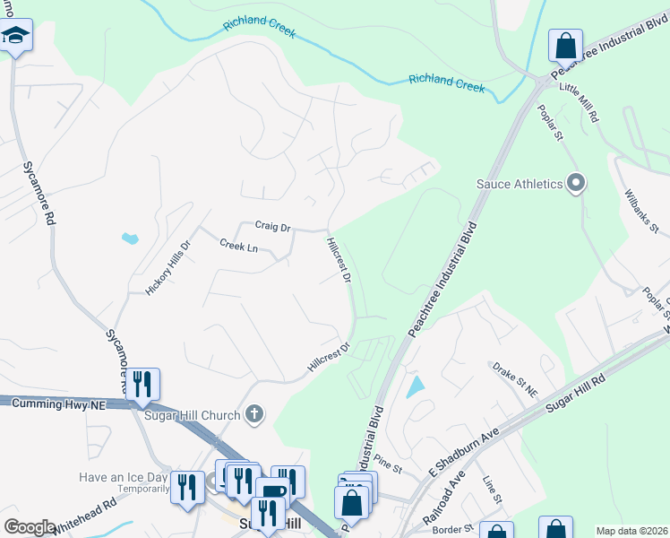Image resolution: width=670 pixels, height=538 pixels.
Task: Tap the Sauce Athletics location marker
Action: coord(576,184)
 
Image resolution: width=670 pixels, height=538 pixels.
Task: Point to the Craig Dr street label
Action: coord(272,227)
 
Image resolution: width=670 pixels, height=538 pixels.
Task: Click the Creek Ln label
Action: coord(238,247)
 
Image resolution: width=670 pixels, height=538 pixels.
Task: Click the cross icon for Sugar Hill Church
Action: coord(255,414)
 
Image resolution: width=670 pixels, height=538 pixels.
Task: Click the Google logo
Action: coord(30,527)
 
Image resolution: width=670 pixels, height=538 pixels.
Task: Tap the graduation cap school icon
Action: coord(13,37)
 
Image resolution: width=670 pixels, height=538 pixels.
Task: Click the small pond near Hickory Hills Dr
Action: coord(130,239)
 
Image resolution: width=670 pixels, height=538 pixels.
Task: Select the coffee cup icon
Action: coord(271,491)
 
